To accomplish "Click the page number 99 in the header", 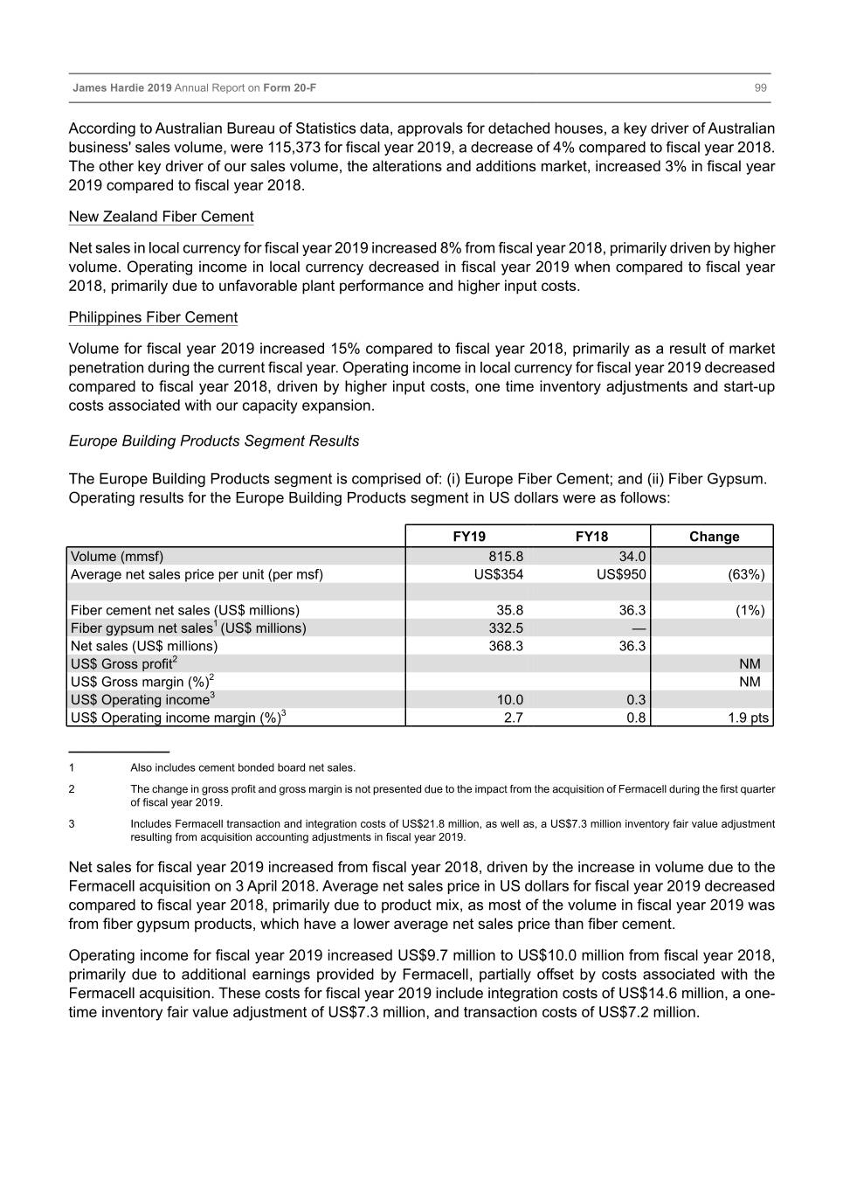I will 760,88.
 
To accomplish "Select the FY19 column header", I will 469,537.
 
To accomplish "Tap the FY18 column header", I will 591,537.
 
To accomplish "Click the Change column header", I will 714,537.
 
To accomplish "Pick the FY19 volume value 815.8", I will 506,557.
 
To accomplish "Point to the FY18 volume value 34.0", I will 632,557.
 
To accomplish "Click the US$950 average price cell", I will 621,574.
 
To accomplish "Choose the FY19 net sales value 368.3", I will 506,646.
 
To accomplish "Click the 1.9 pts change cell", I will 749,718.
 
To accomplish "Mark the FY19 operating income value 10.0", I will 509,700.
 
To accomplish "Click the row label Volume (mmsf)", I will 117,557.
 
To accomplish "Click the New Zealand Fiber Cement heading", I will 162,217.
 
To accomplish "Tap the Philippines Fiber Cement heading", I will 154,317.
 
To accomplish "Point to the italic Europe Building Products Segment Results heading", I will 214,441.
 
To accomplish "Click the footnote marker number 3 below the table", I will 72,824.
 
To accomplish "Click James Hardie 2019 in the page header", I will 122,88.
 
